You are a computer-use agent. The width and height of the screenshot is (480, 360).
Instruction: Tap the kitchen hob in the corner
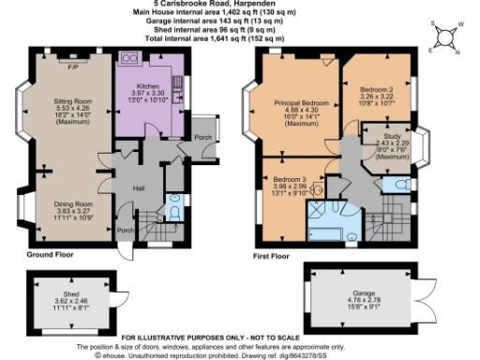(129, 61)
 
